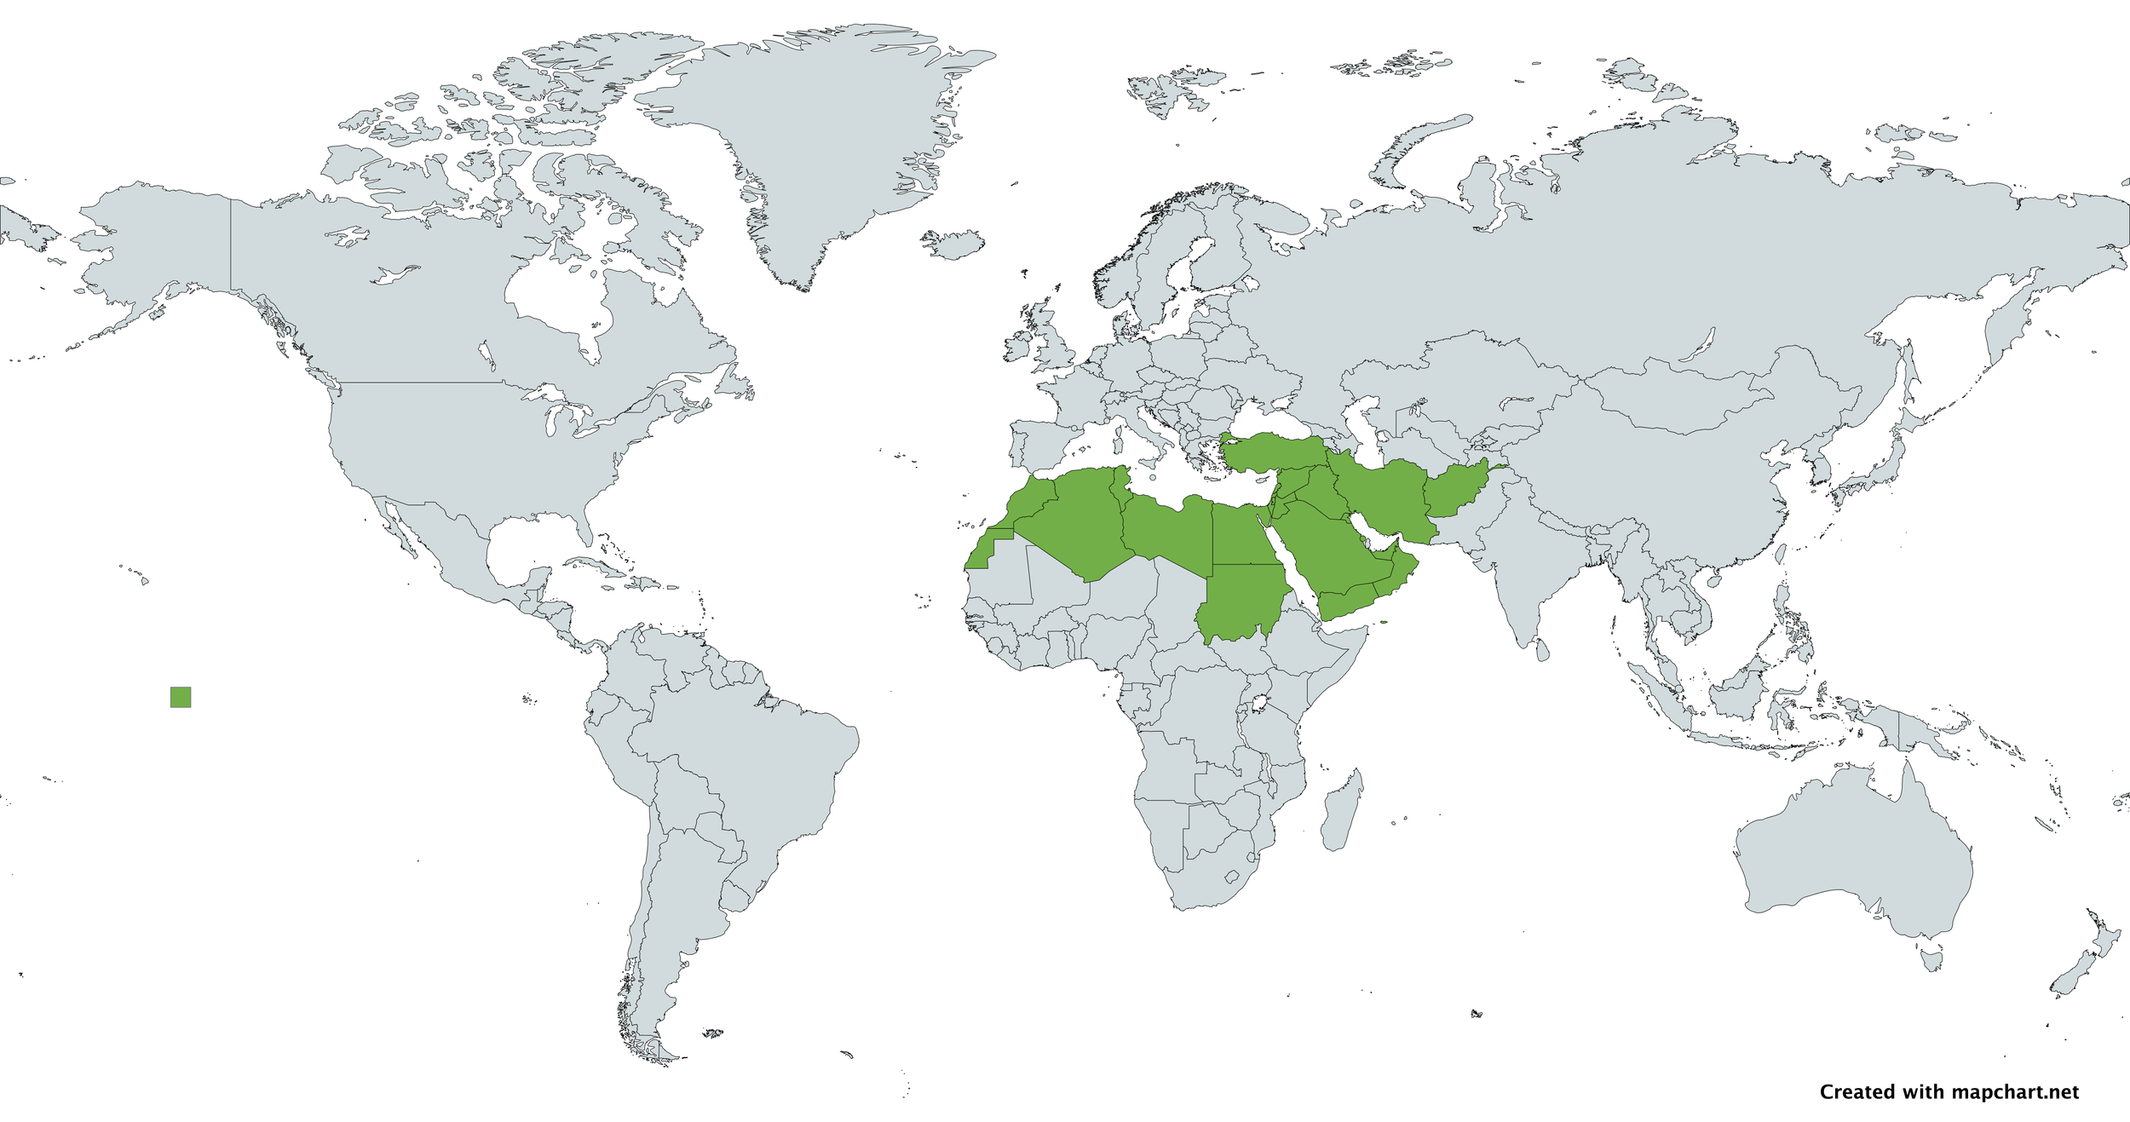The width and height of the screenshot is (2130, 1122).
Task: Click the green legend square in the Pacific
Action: [x=181, y=697]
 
